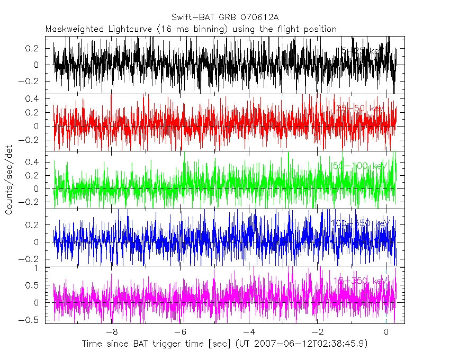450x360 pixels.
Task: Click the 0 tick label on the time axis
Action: coord(385,332)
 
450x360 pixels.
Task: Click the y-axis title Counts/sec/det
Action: coord(9,179)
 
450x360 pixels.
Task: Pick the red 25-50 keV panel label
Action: coord(360,109)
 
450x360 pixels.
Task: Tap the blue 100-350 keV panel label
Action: coord(360,223)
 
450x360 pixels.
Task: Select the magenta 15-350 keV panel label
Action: coord(360,281)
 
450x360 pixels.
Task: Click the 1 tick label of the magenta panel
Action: coord(37,268)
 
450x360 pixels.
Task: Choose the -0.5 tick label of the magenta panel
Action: coord(30,320)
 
